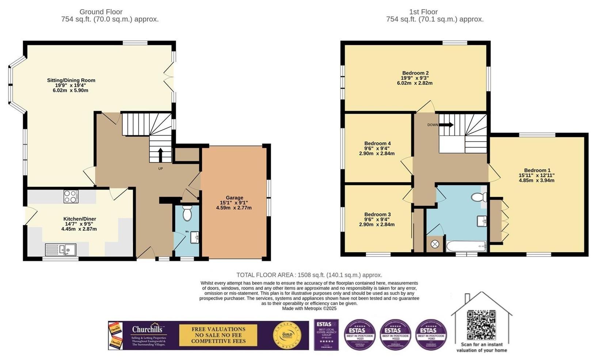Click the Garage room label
coord(234,198)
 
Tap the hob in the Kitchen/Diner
coord(71,196)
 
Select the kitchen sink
coord(61,250)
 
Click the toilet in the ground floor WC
coord(187,213)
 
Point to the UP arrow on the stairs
coord(160,155)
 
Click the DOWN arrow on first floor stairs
coord(446,125)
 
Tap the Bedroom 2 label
coord(415,73)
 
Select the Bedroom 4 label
coord(377,143)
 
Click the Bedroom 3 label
coord(377,214)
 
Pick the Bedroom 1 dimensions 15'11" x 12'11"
coord(537,175)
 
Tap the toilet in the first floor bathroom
coord(479,198)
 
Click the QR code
coord(481,325)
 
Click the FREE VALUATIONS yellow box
coord(218,335)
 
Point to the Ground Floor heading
coord(101,12)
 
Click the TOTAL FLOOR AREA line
coord(309,275)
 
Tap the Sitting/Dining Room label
coord(71,80)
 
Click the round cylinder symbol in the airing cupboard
coord(435,244)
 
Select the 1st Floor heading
coord(423,12)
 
